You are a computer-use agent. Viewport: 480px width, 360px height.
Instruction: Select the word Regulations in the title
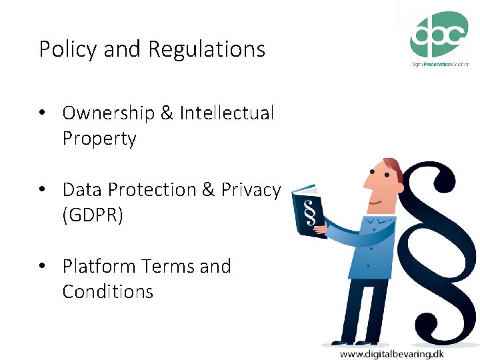[x=207, y=49]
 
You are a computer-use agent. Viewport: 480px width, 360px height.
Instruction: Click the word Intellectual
[x=227, y=113]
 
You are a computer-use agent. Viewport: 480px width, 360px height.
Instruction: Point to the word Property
[x=99, y=139]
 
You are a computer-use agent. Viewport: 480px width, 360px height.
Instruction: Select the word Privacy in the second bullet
[x=251, y=190]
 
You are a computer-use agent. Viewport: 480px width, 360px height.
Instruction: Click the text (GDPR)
[x=93, y=215]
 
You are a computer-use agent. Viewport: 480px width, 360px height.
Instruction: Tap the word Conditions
[x=108, y=292]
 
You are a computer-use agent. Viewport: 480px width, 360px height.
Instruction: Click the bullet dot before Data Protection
[x=42, y=190]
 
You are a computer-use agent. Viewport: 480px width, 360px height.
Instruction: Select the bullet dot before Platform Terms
[x=42, y=267]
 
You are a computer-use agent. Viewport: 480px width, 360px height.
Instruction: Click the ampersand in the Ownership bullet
[x=167, y=113]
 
